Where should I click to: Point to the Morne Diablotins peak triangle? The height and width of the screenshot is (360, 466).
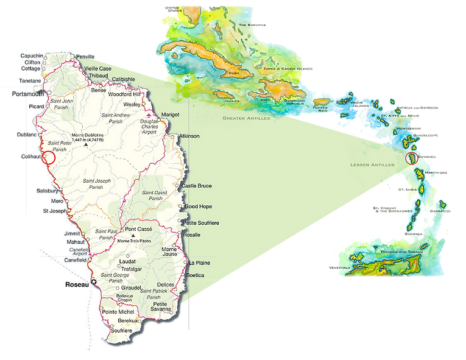tap(86, 145)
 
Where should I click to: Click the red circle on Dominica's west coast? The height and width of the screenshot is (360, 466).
tap(49, 157)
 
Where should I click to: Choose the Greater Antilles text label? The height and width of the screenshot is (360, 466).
tap(246, 118)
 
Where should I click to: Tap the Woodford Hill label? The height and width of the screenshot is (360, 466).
tap(124, 95)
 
